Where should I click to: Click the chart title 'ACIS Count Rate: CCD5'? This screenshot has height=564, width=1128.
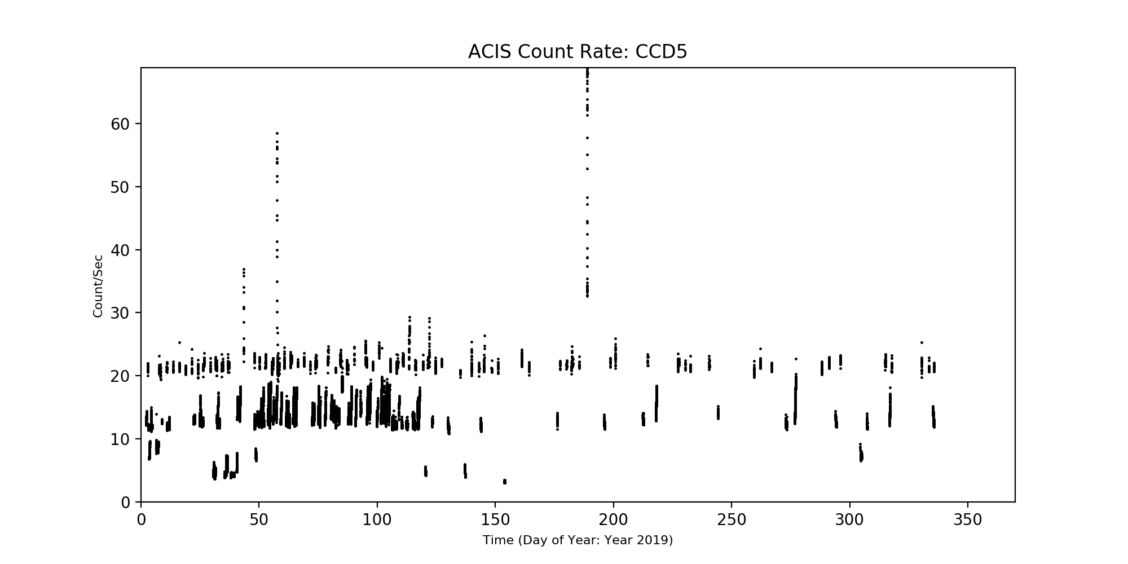coord(578,52)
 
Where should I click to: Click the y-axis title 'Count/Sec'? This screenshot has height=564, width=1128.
coord(98,286)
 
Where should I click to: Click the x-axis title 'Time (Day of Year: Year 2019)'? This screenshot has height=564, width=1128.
coord(578,540)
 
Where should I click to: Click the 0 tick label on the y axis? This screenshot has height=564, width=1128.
coord(127,503)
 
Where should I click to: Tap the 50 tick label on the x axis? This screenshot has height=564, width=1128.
coord(259,519)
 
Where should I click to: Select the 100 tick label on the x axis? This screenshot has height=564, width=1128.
coord(377,519)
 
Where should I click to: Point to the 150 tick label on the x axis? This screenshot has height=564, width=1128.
coord(495,519)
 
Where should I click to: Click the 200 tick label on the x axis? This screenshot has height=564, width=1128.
coord(614,519)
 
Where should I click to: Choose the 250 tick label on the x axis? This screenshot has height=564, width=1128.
coord(732,519)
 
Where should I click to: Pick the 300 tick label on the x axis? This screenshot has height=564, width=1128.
coord(850,519)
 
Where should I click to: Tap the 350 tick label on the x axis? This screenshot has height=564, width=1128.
coord(968,519)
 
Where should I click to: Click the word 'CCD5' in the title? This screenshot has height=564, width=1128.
coord(661,52)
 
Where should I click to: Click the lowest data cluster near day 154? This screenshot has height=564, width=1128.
coord(505,482)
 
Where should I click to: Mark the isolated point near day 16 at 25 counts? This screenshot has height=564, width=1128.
coord(179,342)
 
